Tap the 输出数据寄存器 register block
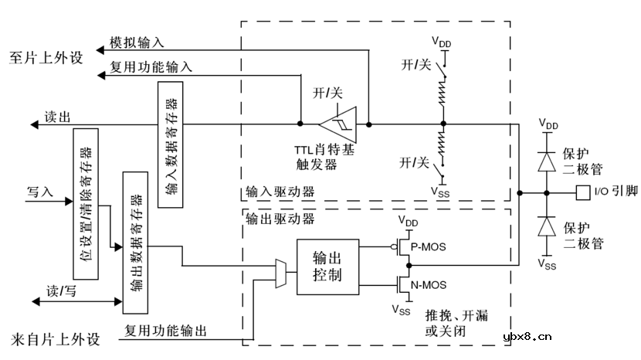pos(135,242)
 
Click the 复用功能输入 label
pos(151,67)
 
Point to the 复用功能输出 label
pos(165,331)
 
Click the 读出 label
pos(57,117)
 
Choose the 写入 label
pos(39,191)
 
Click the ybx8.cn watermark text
pos(527,336)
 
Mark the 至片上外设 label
pos(44,58)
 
